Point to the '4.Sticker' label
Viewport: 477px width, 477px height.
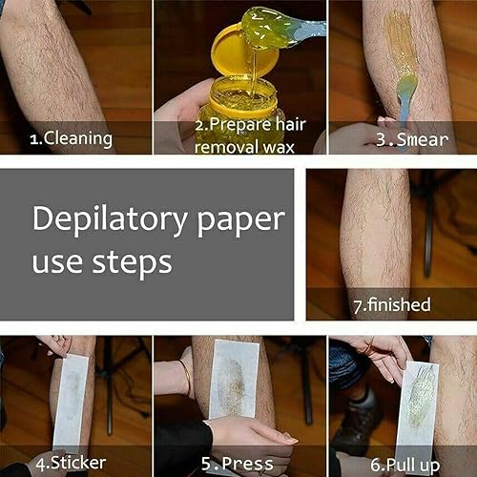71,465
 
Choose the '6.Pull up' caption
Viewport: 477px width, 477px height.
401,465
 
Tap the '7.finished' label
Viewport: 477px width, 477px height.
392,304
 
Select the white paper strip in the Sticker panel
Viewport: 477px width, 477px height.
72,401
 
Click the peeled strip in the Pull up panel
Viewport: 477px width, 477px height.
417,401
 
